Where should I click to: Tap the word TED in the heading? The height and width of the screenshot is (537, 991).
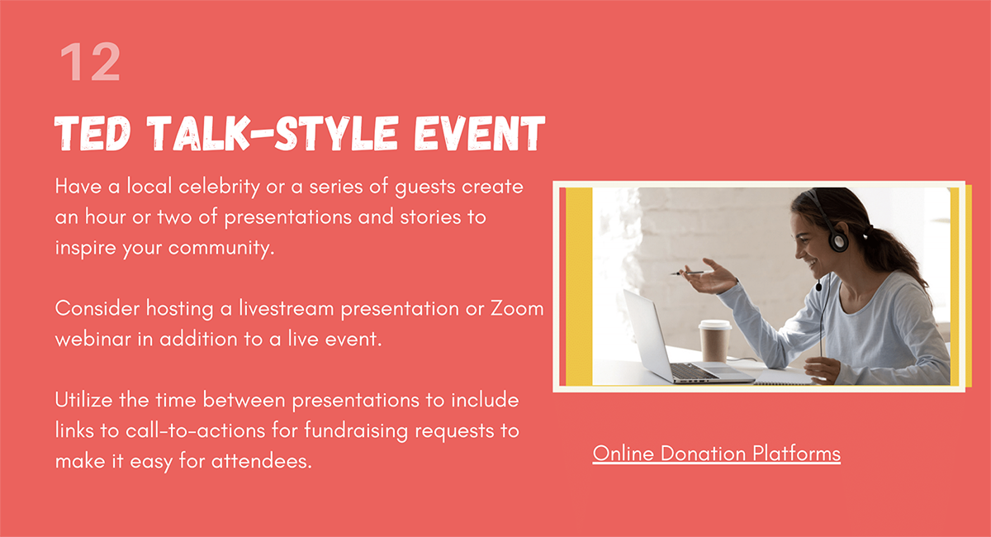click(92, 133)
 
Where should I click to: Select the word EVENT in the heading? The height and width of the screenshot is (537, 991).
click(479, 133)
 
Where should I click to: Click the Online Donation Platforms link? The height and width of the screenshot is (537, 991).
click(716, 454)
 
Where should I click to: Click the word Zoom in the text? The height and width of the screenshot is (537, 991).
click(517, 308)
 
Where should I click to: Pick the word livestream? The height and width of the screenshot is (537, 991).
click(287, 308)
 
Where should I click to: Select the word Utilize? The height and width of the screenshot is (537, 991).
click(83, 400)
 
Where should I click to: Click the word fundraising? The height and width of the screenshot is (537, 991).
click(356, 431)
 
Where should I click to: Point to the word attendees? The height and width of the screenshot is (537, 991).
click(262, 461)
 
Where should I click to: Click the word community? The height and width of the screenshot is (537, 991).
click(221, 248)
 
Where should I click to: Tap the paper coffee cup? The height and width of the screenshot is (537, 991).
click(714, 341)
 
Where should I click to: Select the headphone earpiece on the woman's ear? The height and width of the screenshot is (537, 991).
click(838, 241)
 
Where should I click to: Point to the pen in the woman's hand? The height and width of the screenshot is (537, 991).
click(687, 273)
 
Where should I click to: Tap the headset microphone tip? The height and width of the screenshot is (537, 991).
click(818, 287)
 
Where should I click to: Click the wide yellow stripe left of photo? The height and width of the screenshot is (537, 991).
click(579, 287)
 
